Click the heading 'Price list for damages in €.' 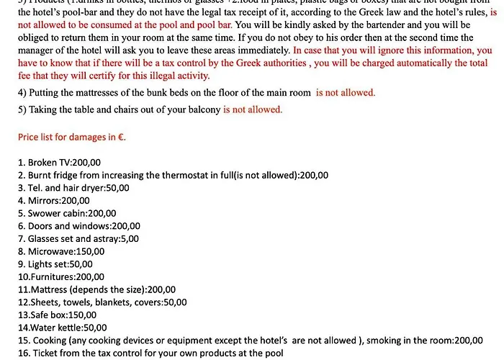[x=71, y=136]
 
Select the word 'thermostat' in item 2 [x=197, y=175]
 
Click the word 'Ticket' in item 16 [x=42, y=353]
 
